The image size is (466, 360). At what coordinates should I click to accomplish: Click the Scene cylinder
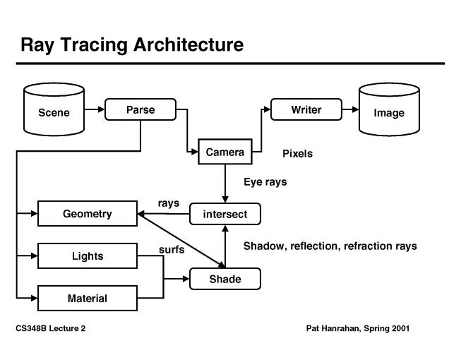54,112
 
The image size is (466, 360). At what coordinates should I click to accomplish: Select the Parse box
140,109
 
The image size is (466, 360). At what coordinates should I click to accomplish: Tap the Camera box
225,152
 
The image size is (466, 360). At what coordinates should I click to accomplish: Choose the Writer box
306,109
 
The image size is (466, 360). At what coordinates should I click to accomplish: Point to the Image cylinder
389,112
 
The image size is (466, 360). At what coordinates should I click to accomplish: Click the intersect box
225,214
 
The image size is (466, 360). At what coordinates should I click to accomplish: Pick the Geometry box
87,214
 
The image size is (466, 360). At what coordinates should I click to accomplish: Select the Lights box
87,256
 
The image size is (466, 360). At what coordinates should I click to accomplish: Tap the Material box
87,298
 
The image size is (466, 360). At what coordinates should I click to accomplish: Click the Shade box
225,279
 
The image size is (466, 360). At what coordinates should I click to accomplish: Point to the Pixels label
297,153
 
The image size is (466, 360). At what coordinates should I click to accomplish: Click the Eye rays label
265,181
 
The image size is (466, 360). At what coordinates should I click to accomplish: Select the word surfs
172,248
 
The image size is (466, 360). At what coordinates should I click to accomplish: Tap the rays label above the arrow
169,203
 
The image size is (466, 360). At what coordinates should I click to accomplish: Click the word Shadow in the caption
263,246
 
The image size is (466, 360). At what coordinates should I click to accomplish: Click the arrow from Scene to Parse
94,110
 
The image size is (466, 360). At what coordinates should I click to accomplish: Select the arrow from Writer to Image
350,110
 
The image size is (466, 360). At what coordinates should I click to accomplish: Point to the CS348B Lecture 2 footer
50,328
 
